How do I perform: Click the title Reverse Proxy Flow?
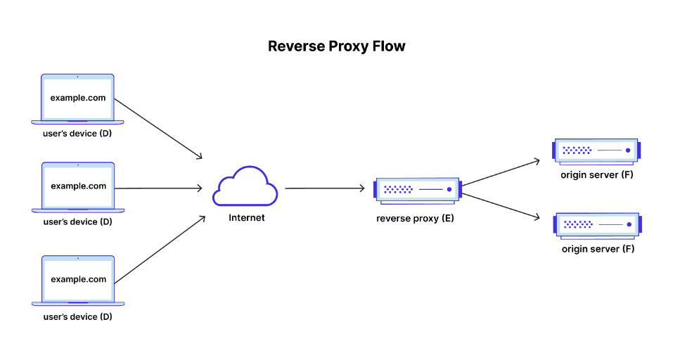[337, 46]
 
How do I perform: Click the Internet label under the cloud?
[247, 218]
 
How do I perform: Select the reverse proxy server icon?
[417, 189]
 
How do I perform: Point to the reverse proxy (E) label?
[415, 219]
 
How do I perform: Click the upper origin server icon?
[596, 150]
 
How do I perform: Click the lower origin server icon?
[596, 224]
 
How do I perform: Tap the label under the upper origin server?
[597, 174]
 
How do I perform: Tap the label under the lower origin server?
[598, 249]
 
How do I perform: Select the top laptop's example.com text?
[78, 98]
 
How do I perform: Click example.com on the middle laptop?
[78, 186]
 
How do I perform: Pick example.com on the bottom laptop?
[78, 279]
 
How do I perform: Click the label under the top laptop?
[77, 133]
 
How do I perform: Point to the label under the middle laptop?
[77, 221]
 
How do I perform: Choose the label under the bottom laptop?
[77, 316]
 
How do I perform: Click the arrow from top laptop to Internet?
[158, 128]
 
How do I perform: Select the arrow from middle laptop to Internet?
[158, 188]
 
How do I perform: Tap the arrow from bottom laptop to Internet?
[158, 250]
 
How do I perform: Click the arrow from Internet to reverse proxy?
[324, 188]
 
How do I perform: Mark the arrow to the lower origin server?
[501, 205]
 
